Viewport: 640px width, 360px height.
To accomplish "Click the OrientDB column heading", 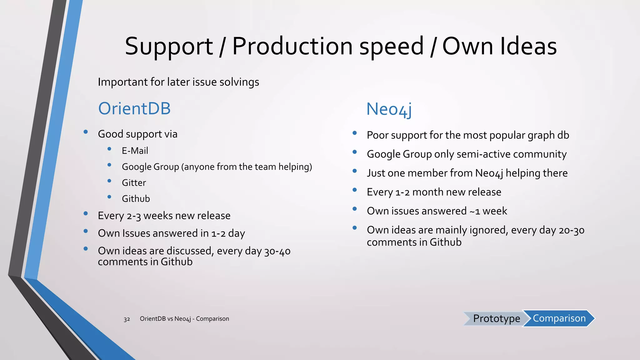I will (134, 109).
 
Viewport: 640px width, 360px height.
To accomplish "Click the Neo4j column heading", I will (389, 109).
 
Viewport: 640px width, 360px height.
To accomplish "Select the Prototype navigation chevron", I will (495, 318).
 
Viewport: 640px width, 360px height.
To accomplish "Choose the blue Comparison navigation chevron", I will (559, 318).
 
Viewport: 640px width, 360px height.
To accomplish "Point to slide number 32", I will (127, 319).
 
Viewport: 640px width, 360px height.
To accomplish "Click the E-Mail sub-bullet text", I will (135, 151).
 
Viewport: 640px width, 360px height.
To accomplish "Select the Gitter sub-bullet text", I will (134, 182).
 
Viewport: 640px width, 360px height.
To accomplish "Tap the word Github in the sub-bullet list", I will (136, 199).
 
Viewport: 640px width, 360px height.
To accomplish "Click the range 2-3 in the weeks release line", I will (134, 216).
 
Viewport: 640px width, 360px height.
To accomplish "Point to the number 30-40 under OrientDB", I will (277, 251).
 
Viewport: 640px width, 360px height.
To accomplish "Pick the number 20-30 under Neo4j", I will (571, 230).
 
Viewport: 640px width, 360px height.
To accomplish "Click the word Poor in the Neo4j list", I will (377, 135).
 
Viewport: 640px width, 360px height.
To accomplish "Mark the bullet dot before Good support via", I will (86, 132).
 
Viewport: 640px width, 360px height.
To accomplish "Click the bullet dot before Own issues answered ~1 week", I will (355, 209).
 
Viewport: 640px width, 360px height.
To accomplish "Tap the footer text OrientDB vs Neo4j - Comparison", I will (184, 319).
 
